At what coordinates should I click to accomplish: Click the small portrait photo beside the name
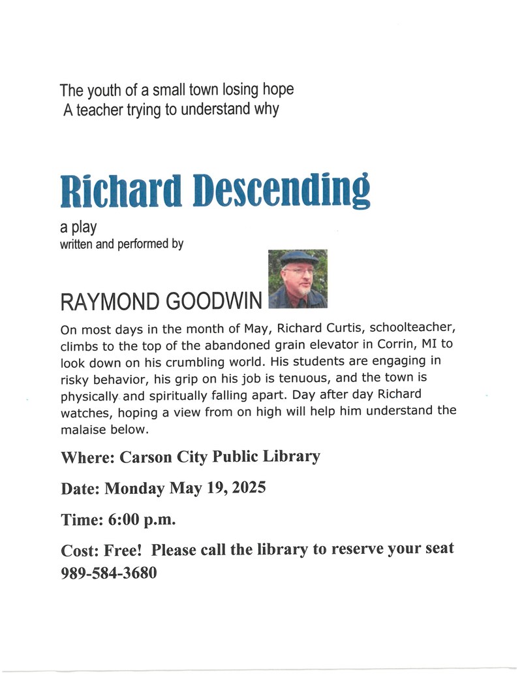click(298, 279)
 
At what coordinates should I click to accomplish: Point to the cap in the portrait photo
click(299, 257)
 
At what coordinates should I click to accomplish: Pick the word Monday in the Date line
click(135, 488)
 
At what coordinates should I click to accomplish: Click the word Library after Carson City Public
click(288, 456)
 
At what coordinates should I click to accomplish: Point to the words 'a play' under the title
click(78, 227)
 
